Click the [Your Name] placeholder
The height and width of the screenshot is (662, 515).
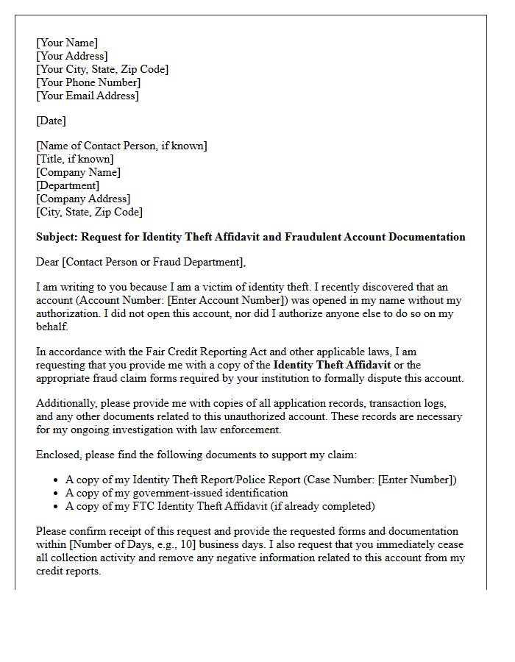point(67,43)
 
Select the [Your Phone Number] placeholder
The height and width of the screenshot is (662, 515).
point(88,82)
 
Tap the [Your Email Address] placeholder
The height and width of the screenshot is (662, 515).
point(88,96)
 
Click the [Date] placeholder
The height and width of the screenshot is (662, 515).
point(51,121)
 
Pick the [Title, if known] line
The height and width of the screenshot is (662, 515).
point(75,159)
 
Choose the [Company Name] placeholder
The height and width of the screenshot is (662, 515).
point(79,172)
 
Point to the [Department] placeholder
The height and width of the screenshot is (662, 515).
point(68,185)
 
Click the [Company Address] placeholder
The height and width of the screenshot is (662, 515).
point(83,199)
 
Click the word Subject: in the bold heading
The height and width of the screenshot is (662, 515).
point(57,237)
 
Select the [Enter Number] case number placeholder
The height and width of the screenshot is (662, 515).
point(416,480)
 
